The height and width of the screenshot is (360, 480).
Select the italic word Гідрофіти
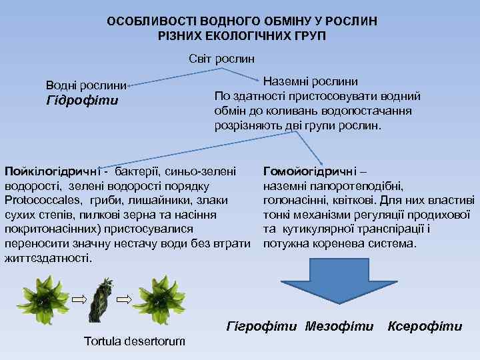[81, 101]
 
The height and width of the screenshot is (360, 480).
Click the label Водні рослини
[86, 85]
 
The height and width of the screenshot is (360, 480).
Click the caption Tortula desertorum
[135, 341]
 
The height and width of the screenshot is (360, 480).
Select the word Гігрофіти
[262, 326]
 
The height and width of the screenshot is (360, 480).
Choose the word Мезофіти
[339, 326]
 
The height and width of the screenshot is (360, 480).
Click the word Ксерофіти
[425, 326]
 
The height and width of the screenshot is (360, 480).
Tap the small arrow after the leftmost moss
[79, 298]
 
